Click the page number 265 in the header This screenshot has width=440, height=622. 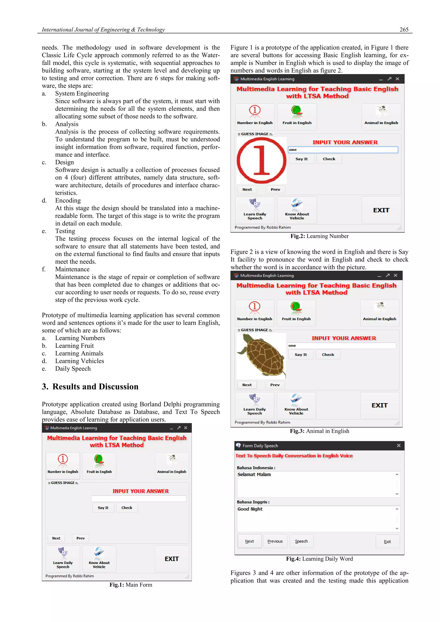404,30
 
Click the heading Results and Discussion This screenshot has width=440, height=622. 95,387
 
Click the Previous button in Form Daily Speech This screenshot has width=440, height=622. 275,541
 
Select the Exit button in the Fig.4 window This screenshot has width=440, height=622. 387,541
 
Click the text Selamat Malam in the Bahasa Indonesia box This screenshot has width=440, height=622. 254,474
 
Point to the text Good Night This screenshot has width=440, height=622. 250,509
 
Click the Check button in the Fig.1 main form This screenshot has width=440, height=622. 127,508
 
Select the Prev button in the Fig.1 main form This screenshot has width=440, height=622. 81,538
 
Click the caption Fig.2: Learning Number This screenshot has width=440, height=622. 319,236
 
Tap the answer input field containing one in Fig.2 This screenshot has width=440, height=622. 343,150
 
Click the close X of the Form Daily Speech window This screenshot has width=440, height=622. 399,446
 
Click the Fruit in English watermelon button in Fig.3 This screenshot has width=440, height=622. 296,313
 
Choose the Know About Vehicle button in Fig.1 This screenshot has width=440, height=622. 99,559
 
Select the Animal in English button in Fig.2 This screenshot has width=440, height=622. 381,117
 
